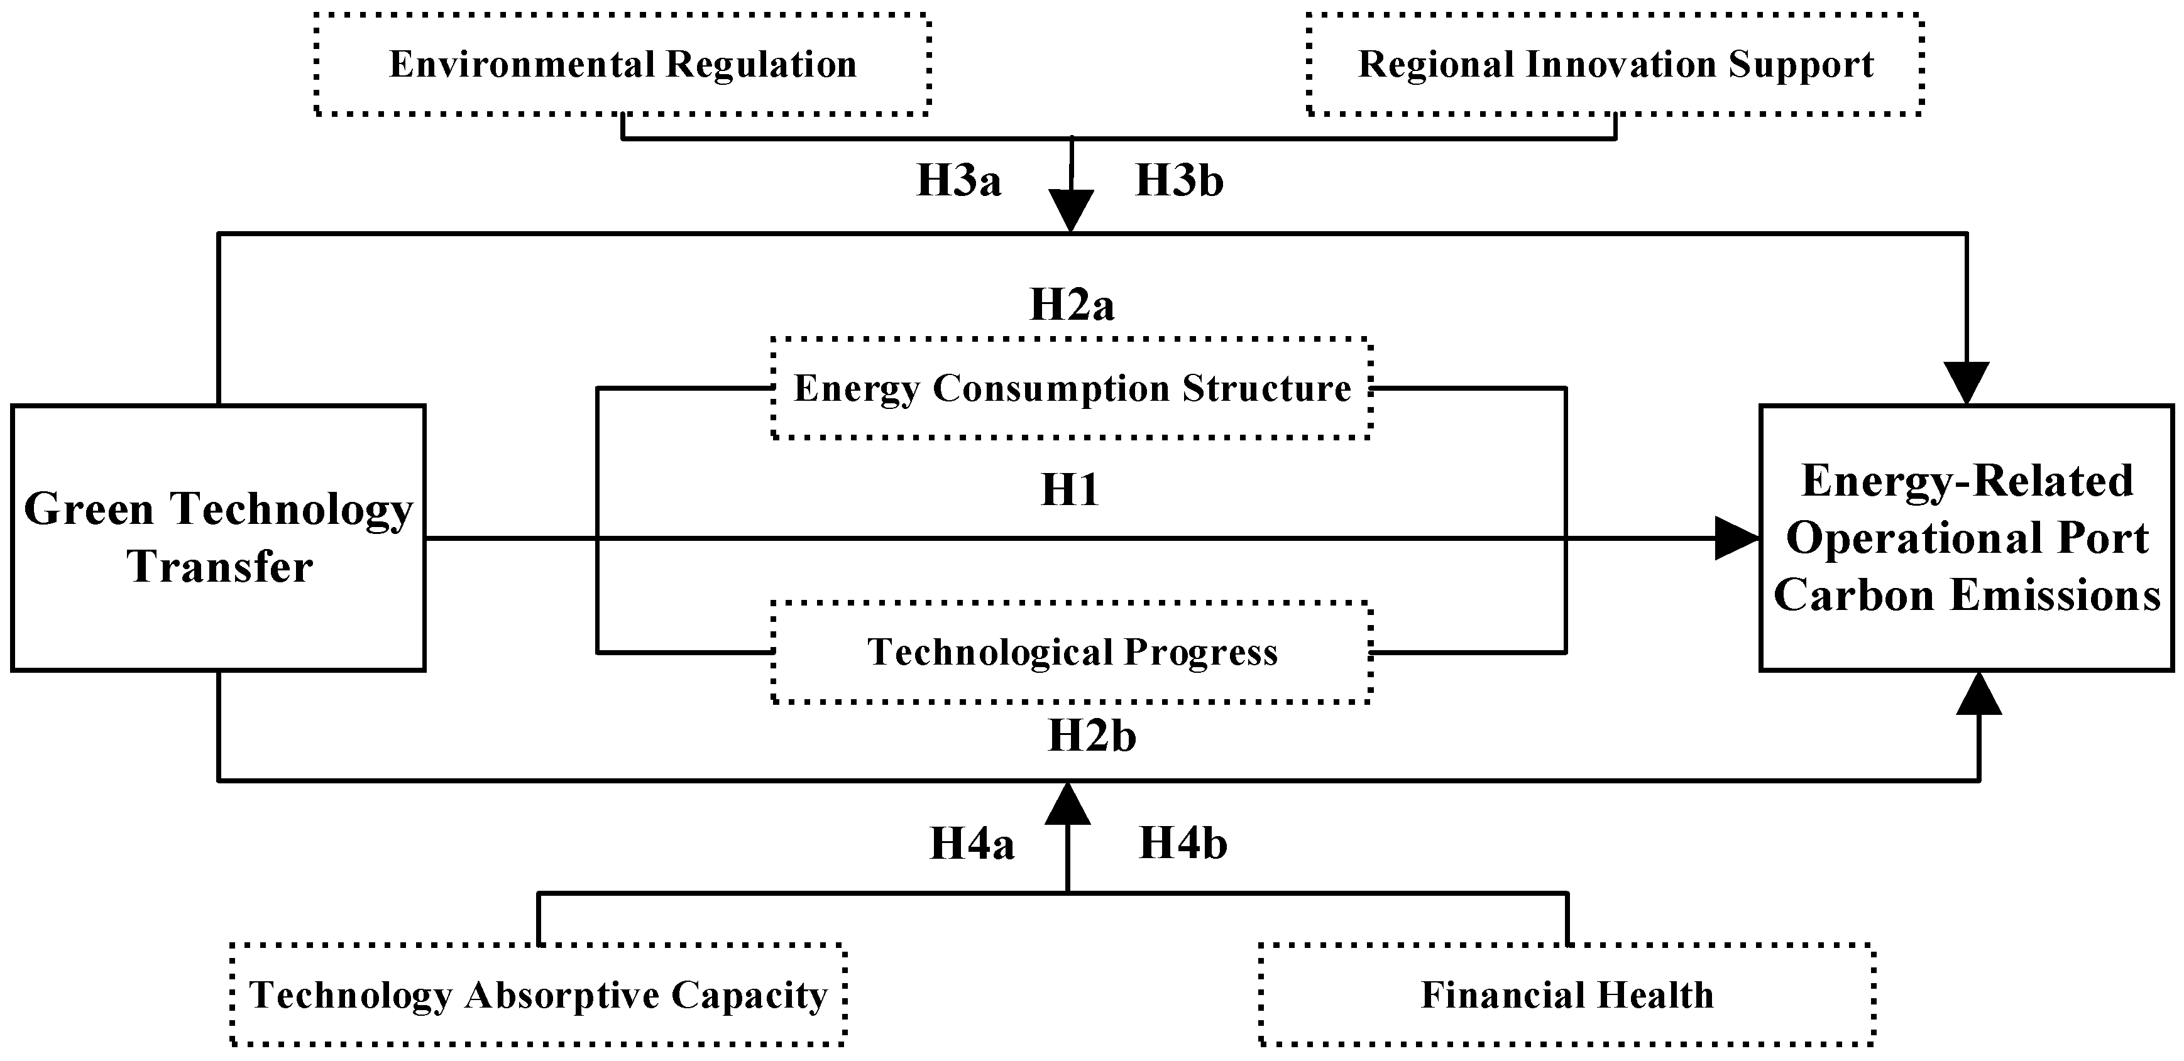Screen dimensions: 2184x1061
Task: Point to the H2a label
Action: click(1072, 305)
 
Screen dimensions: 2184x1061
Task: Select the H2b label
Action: click(1092, 736)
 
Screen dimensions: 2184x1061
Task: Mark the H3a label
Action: click(959, 180)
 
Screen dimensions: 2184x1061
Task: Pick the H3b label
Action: click(1179, 180)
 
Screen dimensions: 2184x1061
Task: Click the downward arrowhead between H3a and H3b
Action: click(1072, 211)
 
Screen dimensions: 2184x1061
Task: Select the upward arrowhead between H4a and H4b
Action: click(1067, 803)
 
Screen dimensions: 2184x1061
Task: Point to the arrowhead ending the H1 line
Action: click(1737, 538)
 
